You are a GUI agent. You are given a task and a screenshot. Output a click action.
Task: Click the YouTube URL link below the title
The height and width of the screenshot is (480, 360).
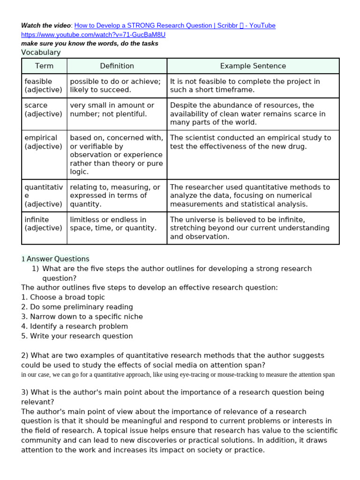[93, 35]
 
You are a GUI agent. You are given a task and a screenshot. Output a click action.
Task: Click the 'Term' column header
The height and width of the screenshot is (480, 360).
[44, 66]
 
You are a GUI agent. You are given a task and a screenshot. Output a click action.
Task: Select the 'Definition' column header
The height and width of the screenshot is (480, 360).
[117, 66]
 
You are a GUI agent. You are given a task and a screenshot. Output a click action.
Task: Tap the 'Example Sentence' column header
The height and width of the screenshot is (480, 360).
[253, 66]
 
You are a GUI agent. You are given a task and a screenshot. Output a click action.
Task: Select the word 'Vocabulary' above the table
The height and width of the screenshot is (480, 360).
[41, 52]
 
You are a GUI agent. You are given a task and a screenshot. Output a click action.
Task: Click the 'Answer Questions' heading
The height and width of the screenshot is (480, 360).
[58, 259]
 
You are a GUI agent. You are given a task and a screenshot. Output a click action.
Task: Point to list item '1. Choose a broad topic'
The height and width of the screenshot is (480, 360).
[63, 297]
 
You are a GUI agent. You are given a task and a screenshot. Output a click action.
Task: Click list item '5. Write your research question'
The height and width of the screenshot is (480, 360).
[77, 336]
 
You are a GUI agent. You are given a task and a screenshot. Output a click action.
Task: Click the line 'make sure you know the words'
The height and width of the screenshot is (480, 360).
[90, 44]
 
